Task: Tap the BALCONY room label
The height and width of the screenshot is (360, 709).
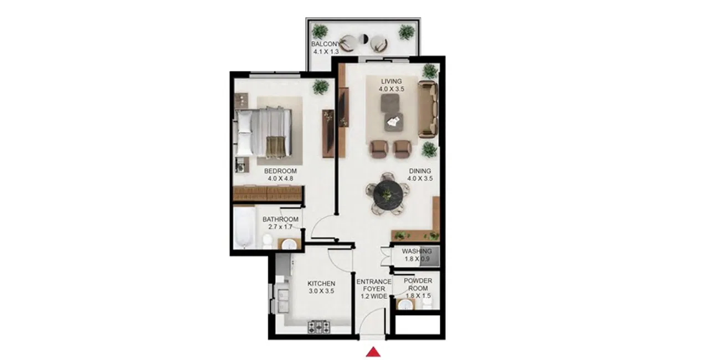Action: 325,44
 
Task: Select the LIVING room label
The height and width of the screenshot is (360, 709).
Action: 391,81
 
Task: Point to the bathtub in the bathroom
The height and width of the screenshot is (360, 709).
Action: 243,228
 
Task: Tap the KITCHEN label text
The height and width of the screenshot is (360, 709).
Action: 321,284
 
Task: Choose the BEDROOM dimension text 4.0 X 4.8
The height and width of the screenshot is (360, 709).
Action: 280,179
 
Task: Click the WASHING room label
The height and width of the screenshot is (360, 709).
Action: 417,251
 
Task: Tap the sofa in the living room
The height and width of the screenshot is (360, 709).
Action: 428,109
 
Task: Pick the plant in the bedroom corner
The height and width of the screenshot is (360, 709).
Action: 320,87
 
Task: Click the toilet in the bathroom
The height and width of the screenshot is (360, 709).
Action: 267,241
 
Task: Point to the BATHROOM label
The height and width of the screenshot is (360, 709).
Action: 280,219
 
